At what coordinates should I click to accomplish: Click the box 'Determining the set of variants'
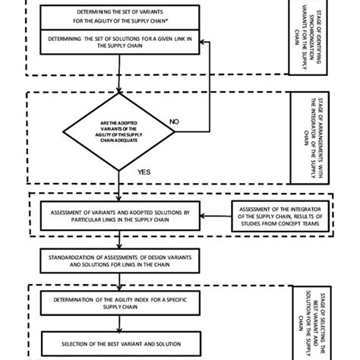pyautogui.click(x=119, y=17)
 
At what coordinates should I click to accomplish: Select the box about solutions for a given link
pyautogui.click(x=119, y=45)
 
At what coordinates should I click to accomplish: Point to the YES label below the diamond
pyautogui.click(x=144, y=172)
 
